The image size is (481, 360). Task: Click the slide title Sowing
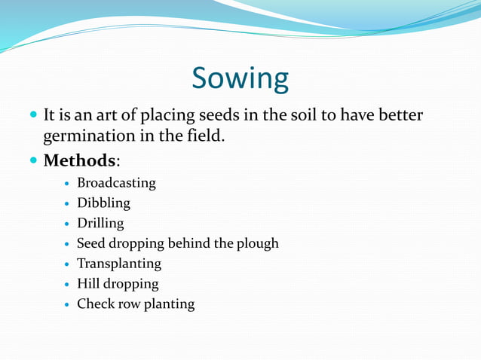[240, 78]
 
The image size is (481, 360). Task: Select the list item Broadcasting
[116, 183]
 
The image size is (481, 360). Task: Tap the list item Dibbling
[103, 203]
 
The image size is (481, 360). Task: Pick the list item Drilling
[100, 224]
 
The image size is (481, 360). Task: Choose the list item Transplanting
[119, 264]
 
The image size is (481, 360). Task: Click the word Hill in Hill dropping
[87, 284]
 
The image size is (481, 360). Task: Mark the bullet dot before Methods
[33, 161]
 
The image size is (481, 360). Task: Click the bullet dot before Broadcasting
[68, 184]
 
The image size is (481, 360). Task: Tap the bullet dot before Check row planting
[68, 305]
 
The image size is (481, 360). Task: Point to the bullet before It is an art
[33, 117]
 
